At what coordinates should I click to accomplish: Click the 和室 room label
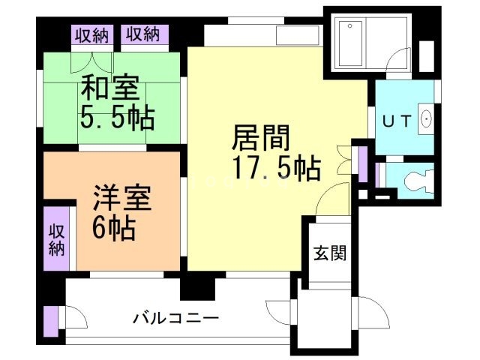coord(110,89)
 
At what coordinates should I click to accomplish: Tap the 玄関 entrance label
coord(330,253)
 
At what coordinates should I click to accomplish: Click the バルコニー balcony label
coord(176,319)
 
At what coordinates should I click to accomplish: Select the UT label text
coord(397,121)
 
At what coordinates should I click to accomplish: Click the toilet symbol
coord(415,181)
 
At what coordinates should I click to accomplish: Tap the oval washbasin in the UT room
coord(426,118)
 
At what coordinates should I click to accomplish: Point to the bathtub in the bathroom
coord(350,44)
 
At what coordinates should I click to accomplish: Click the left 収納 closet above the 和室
coord(91,34)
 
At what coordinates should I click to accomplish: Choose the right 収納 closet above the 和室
coord(142,34)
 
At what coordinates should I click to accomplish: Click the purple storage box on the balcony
coord(50,320)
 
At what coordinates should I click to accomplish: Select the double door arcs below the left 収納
coord(92,60)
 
